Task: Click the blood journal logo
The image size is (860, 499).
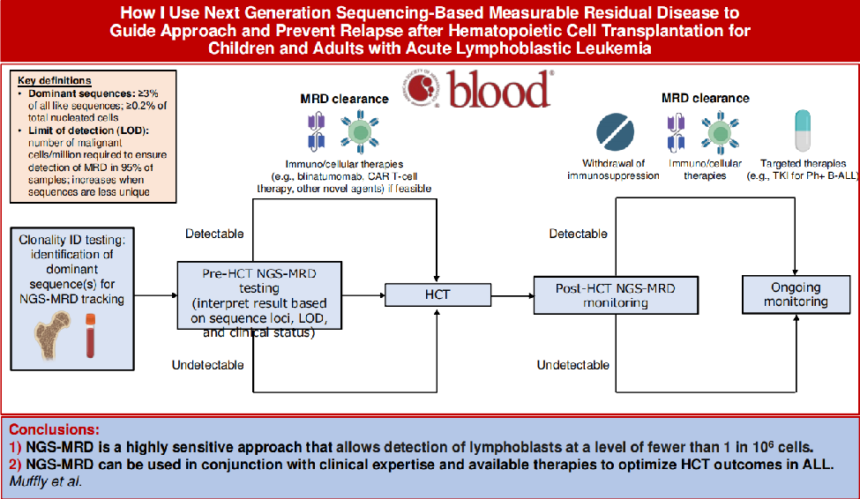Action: [477, 88]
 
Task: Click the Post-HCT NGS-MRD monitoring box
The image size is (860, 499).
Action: [615, 294]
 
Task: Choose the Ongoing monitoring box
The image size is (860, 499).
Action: [796, 294]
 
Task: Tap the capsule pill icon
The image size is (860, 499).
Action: [802, 132]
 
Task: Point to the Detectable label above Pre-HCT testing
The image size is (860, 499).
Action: [214, 234]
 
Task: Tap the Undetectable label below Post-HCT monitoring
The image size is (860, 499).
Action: [572, 365]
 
